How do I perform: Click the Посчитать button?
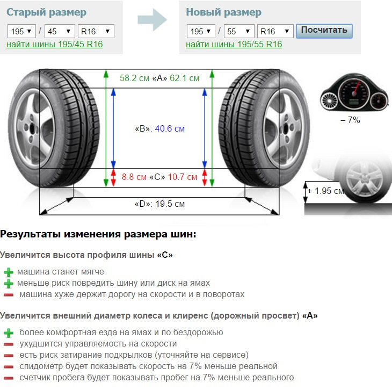[x=324, y=31]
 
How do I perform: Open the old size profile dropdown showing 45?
[x=60, y=31]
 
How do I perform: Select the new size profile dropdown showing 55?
[x=239, y=31]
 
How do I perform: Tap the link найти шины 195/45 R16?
[x=54, y=44]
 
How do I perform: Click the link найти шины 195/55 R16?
[x=234, y=44]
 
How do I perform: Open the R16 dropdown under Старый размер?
[x=96, y=31]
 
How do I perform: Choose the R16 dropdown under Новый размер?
[x=275, y=31]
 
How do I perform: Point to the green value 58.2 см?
[x=134, y=78]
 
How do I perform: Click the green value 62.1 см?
[x=185, y=78]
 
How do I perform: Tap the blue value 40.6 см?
[x=170, y=128]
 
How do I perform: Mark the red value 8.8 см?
[x=134, y=177]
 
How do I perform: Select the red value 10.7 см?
[x=183, y=177]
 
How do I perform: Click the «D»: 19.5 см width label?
[x=159, y=204]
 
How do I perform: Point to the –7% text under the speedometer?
[x=350, y=120]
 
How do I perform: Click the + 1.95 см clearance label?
[x=326, y=191]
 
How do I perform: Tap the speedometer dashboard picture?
[x=354, y=92]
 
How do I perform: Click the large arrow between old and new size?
[x=152, y=20]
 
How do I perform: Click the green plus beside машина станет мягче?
[x=9, y=272]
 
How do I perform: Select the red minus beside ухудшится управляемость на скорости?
[x=9, y=344]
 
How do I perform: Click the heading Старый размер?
[x=47, y=12]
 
